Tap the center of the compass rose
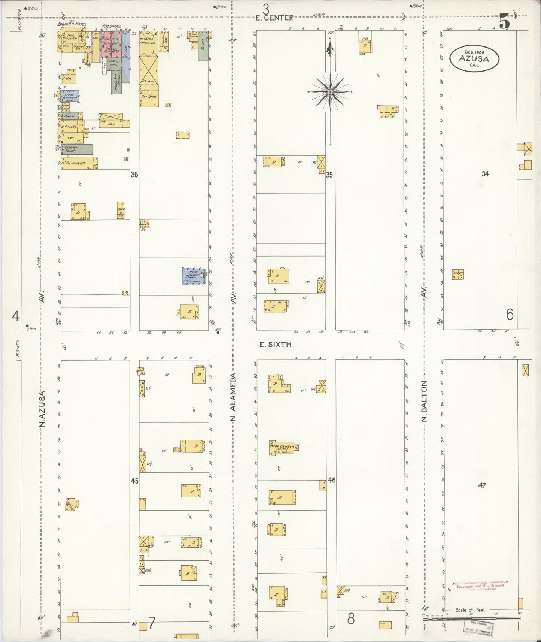click(331, 91)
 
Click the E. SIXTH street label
click(276, 344)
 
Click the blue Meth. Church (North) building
click(194, 276)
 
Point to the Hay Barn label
click(149, 96)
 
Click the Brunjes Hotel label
click(72, 24)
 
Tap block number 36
click(134, 174)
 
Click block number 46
click(332, 480)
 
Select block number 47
click(482, 485)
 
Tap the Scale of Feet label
click(470, 610)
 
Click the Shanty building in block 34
click(458, 275)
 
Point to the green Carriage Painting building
click(77, 149)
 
